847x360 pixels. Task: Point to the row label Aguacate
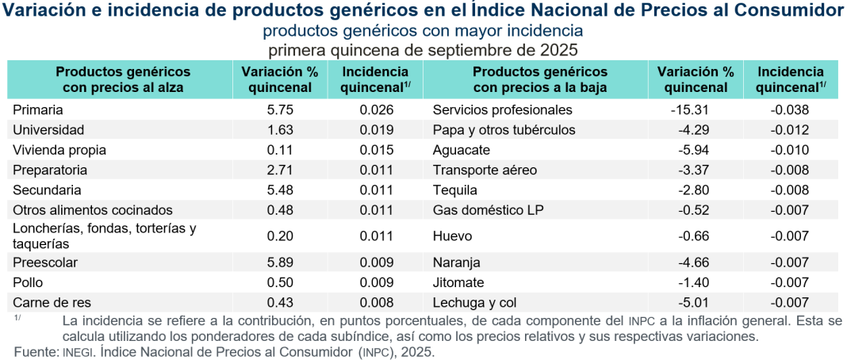point(462,150)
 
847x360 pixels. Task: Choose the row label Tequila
point(455,190)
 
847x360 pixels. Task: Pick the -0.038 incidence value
point(790,109)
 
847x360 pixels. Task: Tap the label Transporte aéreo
point(485,170)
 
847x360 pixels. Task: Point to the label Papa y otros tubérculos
point(504,129)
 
